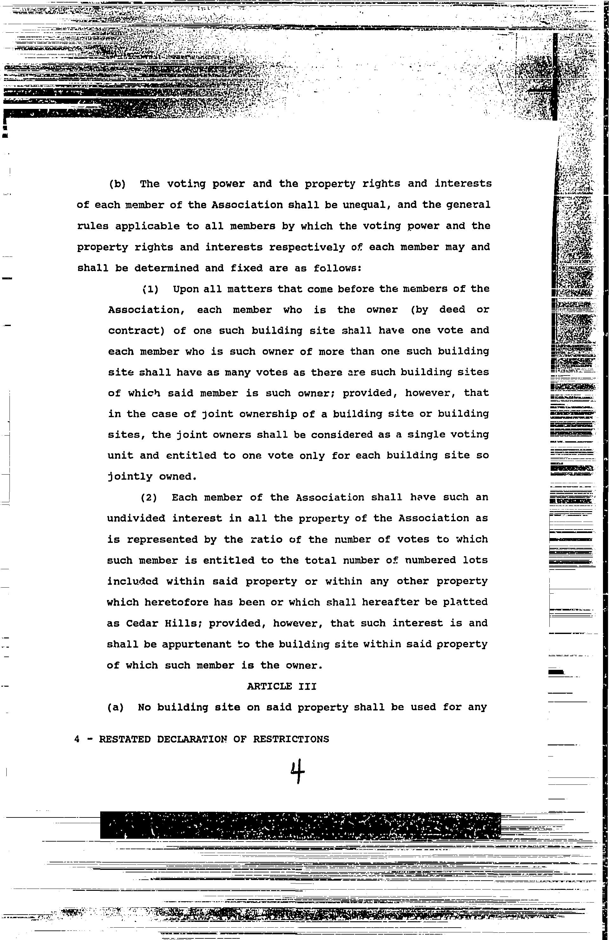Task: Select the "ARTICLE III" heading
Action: click(x=281, y=686)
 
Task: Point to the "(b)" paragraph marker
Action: click(x=117, y=184)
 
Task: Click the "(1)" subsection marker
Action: click(x=150, y=289)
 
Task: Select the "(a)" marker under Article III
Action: click(x=115, y=707)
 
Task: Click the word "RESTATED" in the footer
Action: click(x=125, y=739)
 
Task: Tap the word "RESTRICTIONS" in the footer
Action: click(x=291, y=739)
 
